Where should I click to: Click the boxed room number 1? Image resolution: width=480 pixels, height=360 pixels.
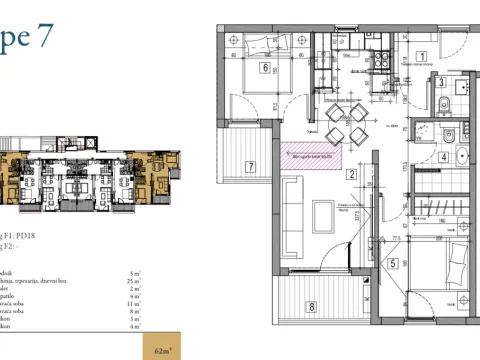click(x=422, y=56)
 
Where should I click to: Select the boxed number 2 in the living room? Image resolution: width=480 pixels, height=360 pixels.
click(x=352, y=174)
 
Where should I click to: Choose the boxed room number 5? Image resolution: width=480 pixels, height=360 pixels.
click(x=393, y=264)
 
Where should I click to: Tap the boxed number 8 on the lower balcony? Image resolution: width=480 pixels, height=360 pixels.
click(x=312, y=306)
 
